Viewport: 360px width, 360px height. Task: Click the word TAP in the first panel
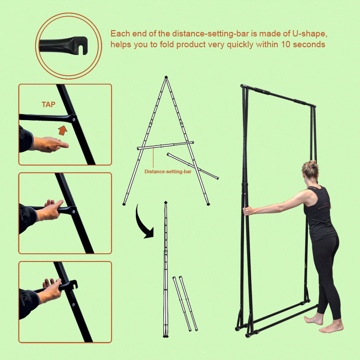[x=49, y=104]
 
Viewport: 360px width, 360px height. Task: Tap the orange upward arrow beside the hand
[x=63, y=130]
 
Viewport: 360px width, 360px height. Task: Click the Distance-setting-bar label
[x=168, y=171]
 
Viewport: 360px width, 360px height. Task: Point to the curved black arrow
[x=142, y=224]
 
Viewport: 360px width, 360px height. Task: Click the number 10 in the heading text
[x=286, y=44]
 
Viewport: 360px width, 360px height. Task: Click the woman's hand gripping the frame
[x=247, y=211]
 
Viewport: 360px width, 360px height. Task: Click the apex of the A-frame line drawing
[x=166, y=77]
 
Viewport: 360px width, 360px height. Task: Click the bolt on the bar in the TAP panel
[x=74, y=119]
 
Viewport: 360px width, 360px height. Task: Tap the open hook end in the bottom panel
[x=73, y=284]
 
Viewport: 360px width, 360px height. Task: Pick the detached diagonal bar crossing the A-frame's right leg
[x=193, y=166]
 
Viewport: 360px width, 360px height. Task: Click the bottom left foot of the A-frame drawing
[x=124, y=204]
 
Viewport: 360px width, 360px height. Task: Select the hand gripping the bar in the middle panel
[x=50, y=210]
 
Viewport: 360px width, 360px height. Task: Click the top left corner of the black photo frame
[x=242, y=86]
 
